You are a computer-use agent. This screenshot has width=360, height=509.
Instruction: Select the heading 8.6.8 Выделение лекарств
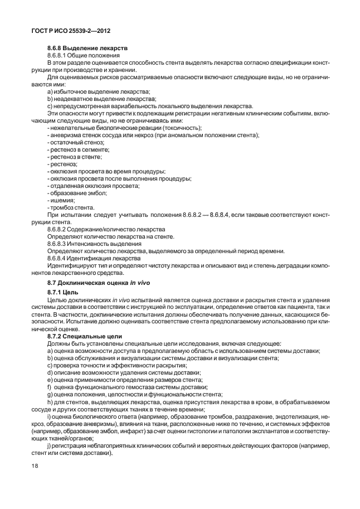coord(88,49)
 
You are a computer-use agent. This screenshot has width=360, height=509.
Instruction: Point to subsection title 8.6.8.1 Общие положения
coord(83,56)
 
